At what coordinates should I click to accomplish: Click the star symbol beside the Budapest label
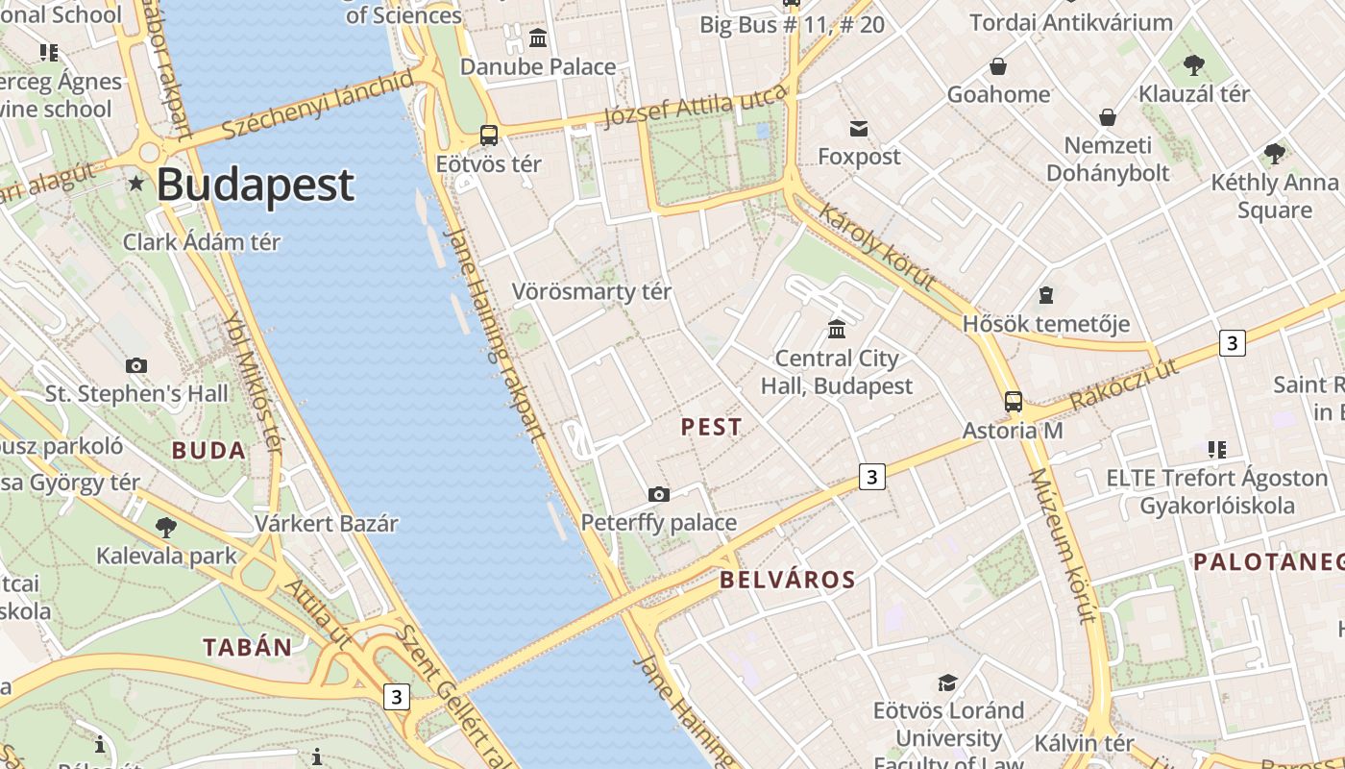point(137,183)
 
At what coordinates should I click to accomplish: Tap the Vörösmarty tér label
point(591,291)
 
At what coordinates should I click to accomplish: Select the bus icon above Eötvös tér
point(489,136)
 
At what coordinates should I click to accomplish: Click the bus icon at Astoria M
point(1013,402)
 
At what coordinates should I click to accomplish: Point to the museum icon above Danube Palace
point(538,38)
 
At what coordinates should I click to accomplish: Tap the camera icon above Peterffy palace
point(658,494)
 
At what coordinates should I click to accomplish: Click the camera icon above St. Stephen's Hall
point(136,365)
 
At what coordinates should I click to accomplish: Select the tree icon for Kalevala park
point(166,527)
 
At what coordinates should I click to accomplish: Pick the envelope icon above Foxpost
point(859,128)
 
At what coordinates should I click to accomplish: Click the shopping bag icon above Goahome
point(998,66)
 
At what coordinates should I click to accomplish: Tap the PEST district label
point(711,427)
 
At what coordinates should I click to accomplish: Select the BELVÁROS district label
point(787,580)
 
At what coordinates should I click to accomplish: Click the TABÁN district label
point(247,647)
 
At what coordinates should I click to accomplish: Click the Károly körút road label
point(876,246)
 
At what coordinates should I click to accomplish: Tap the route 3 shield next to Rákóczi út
point(1232,342)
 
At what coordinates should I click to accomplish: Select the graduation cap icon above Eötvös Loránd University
point(947,682)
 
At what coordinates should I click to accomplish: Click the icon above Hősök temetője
point(1045,295)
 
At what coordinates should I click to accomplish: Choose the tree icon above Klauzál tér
point(1194,65)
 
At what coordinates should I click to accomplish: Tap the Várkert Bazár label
point(326,524)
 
